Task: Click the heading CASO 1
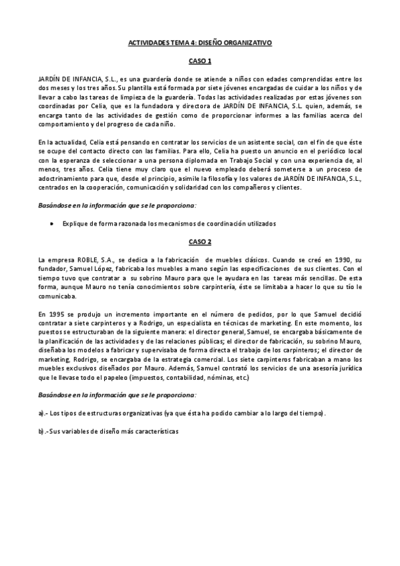pyautogui.click(x=200, y=61)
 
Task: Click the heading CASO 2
pyautogui.click(x=200, y=241)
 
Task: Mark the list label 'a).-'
pyautogui.click(x=44, y=414)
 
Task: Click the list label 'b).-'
pyautogui.click(x=44, y=432)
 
